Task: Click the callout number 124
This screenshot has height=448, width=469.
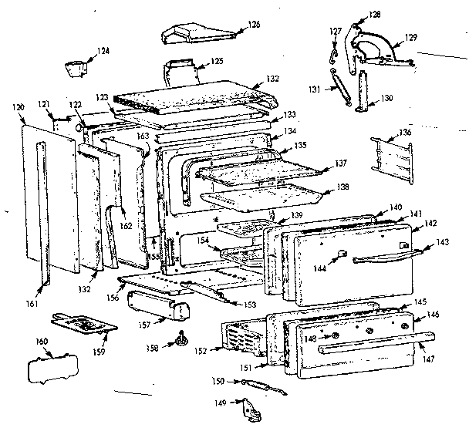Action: pyautogui.click(x=103, y=51)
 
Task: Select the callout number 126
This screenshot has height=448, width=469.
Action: pyautogui.click(x=253, y=25)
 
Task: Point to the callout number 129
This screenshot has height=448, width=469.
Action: pyautogui.click(x=411, y=37)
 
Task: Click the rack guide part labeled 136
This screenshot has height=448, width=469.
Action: pyautogui.click(x=393, y=155)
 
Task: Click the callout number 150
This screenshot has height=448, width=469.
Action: pyautogui.click(x=218, y=381)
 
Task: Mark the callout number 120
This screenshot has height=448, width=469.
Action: pyautogui.click(x=19, y=109)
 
